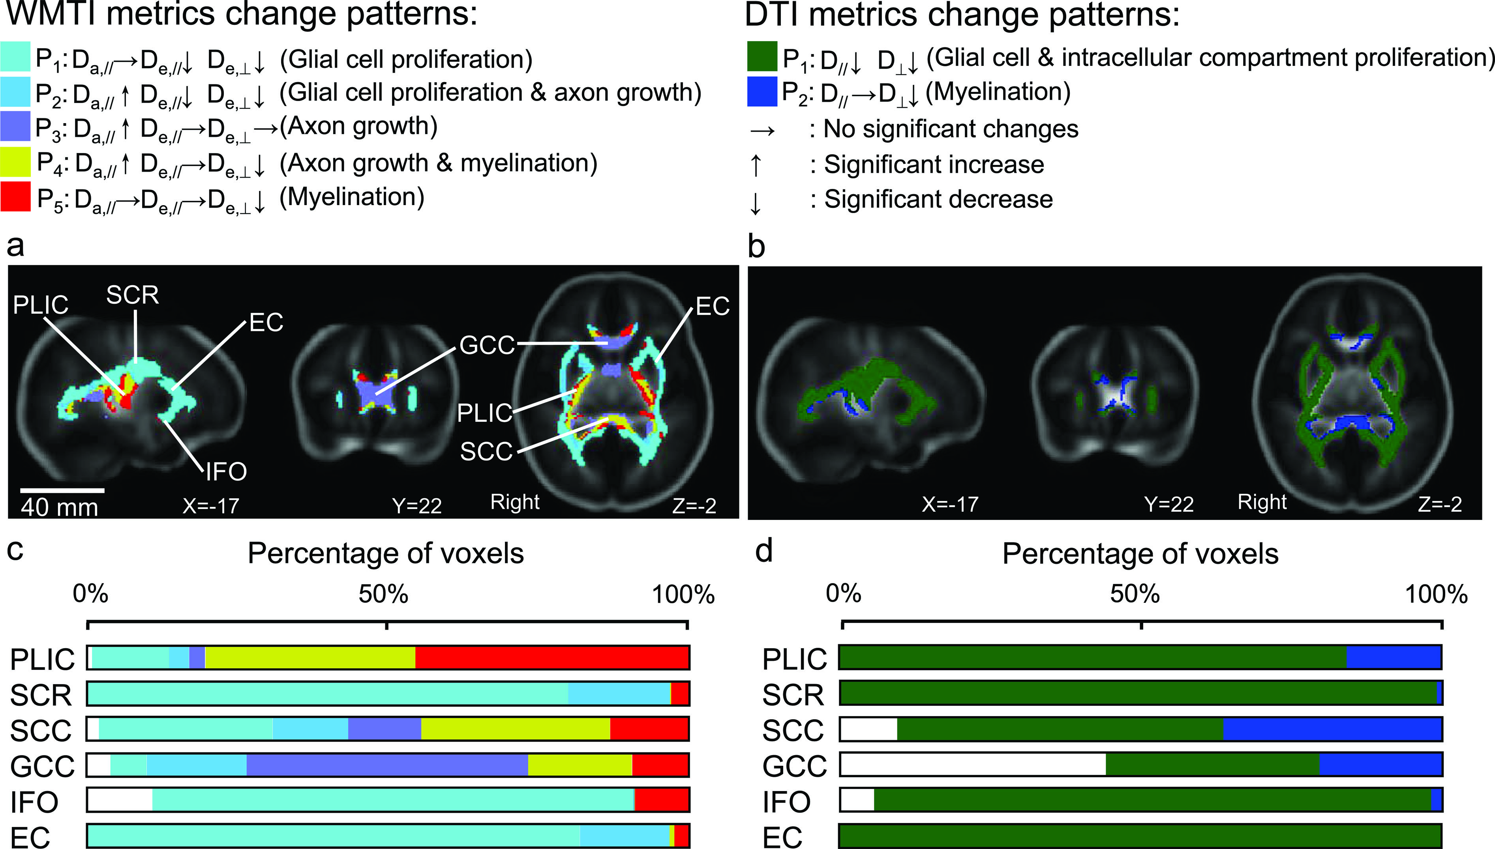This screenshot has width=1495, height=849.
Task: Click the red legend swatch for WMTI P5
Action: pos(15,196)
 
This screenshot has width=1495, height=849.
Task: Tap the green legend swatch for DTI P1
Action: pos(762,56)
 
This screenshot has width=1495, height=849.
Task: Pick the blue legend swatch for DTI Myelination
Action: pos(762,92)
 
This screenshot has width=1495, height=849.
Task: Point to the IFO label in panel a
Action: pos(226,471)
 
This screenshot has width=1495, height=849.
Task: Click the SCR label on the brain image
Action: pos(132,295)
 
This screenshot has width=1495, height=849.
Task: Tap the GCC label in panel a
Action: pos(487,345)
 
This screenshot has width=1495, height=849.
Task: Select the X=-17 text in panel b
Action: pos(949,504)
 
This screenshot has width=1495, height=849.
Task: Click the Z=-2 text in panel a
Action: pos(694,505)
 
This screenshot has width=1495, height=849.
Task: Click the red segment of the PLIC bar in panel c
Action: pos(552,658)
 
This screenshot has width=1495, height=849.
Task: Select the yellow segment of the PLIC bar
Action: pos(310,658)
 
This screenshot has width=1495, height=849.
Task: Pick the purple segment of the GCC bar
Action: pos(387,765)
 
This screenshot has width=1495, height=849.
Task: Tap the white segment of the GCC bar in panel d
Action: pos(972,765)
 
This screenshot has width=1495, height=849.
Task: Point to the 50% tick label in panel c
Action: pos(383,594)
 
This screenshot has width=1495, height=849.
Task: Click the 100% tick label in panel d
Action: pos(1435,594)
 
